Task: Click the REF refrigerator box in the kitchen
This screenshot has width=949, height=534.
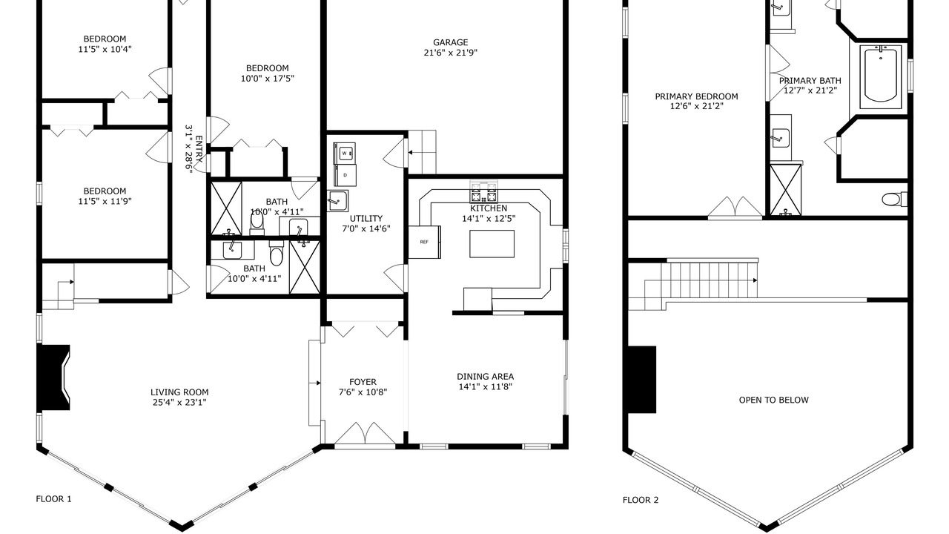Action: point(425,242)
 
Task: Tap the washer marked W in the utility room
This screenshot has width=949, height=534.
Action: point(345,153)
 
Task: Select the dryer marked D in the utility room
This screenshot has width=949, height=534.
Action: point(345,175)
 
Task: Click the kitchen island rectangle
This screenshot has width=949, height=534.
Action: point(492,244)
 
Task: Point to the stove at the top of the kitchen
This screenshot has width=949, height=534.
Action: point(483,191)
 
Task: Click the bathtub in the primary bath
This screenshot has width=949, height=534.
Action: point(881,76)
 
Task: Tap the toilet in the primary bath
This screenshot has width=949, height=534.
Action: point(894,200)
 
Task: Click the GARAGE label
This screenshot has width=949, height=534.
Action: point(450,42)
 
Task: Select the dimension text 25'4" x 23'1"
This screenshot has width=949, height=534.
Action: point(179,402)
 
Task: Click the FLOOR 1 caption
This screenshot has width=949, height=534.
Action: point(54,499)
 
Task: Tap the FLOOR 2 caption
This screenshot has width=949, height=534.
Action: point(641,500)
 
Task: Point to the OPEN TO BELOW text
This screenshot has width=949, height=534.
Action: point(773,400)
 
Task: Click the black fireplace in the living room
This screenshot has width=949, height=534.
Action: point(53,378)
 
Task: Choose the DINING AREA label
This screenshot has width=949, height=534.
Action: point(485,376)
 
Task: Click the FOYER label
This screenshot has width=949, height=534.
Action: point(363,382)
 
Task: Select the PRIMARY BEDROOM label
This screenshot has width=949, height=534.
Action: point(696,96)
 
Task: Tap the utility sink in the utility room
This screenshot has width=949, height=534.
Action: point(337,201)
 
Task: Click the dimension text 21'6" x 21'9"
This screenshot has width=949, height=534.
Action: point(450,53)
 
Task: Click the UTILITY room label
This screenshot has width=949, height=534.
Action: point(366,219)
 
